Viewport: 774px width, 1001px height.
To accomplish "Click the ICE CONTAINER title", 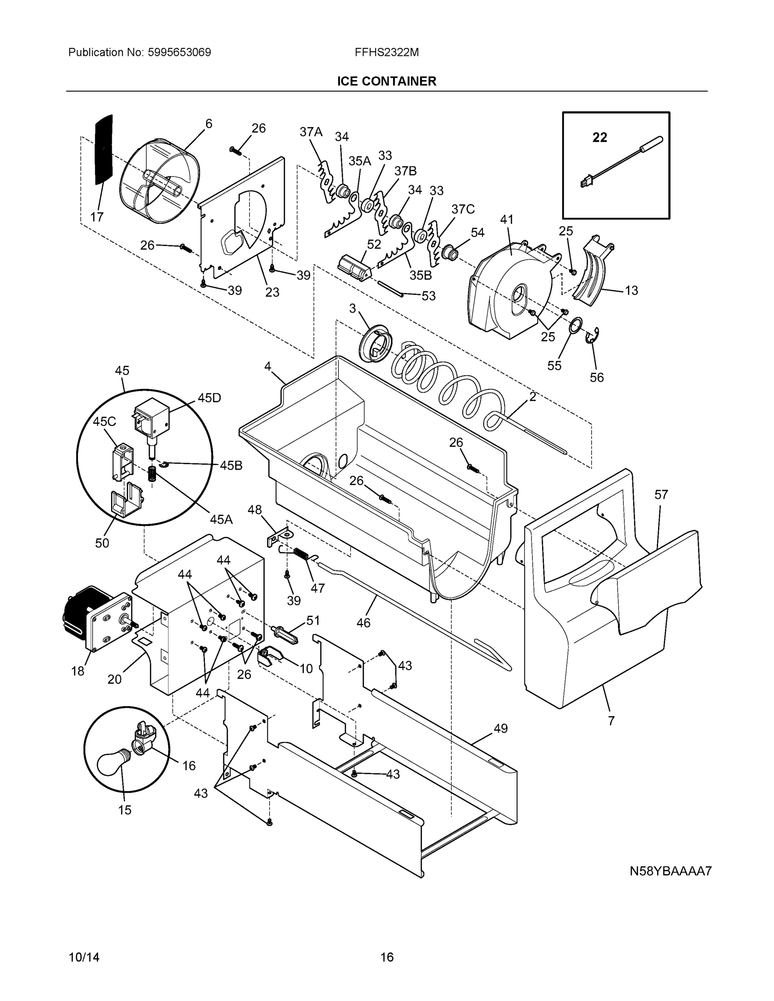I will [386, 81].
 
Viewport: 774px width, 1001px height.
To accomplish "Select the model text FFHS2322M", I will [386, 52].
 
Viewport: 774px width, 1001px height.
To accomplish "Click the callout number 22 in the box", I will [599, 137].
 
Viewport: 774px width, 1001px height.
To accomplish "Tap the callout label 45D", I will [209, 398].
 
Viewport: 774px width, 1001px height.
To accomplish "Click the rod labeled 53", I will [390, 289].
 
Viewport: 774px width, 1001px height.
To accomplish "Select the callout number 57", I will [661, 494].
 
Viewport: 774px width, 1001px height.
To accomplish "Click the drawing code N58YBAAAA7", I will [670, 871].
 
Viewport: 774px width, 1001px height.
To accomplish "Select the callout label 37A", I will [311, 132].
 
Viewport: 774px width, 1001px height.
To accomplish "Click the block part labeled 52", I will [353, 267].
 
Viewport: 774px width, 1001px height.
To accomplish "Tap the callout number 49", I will [500, 728].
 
